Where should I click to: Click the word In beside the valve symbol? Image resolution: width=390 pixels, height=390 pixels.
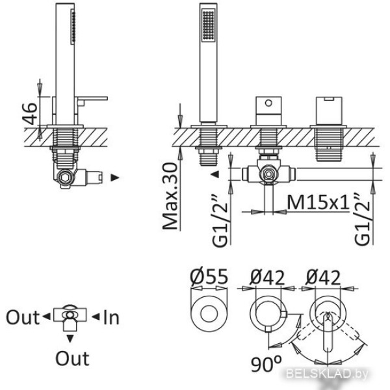click(112, 317)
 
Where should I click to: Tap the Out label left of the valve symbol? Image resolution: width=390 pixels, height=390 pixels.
click(23, 317)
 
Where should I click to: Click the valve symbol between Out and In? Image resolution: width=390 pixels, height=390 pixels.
click(70, 317)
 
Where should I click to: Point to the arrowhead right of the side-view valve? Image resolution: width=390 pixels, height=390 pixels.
click(115, 176)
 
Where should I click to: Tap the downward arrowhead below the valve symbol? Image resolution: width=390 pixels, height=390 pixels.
click(71, 338)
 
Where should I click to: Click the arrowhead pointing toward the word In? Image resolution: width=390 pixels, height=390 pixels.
click(95, 317)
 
